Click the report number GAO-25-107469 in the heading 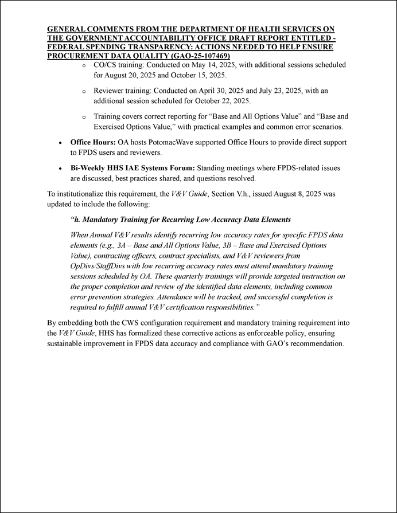(x=198, y=56)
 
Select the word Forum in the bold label (x=182, y=168)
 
